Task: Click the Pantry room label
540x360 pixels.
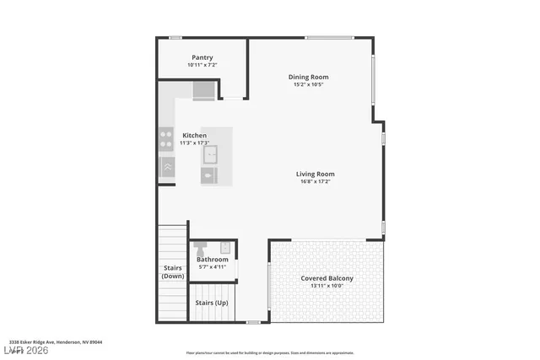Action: (x=202, y=57)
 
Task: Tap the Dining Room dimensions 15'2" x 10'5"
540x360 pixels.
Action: (x=308, y=84)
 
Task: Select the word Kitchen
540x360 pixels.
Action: (x=195, y=135)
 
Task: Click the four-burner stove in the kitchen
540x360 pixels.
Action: (x=166, y=138)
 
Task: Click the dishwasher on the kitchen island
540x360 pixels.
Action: (x=209, y=176)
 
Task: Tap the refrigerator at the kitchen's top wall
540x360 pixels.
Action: (x=204, y=90)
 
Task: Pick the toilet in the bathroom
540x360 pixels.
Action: (x=200, y=249)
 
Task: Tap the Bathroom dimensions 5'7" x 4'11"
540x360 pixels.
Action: (x=212, y=266)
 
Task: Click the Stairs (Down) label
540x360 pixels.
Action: (x=173, y=271)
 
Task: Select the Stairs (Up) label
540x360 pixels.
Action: (x=211, y=302)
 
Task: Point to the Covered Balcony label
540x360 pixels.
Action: (x=327, y=278)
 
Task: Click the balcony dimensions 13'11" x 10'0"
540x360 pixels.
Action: (x=327, y=286)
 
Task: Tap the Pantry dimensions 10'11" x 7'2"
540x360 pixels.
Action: (x=202, y=65)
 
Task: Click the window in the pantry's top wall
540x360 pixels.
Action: (x=175, y=37)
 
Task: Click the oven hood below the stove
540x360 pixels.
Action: (x=167, y=167)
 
